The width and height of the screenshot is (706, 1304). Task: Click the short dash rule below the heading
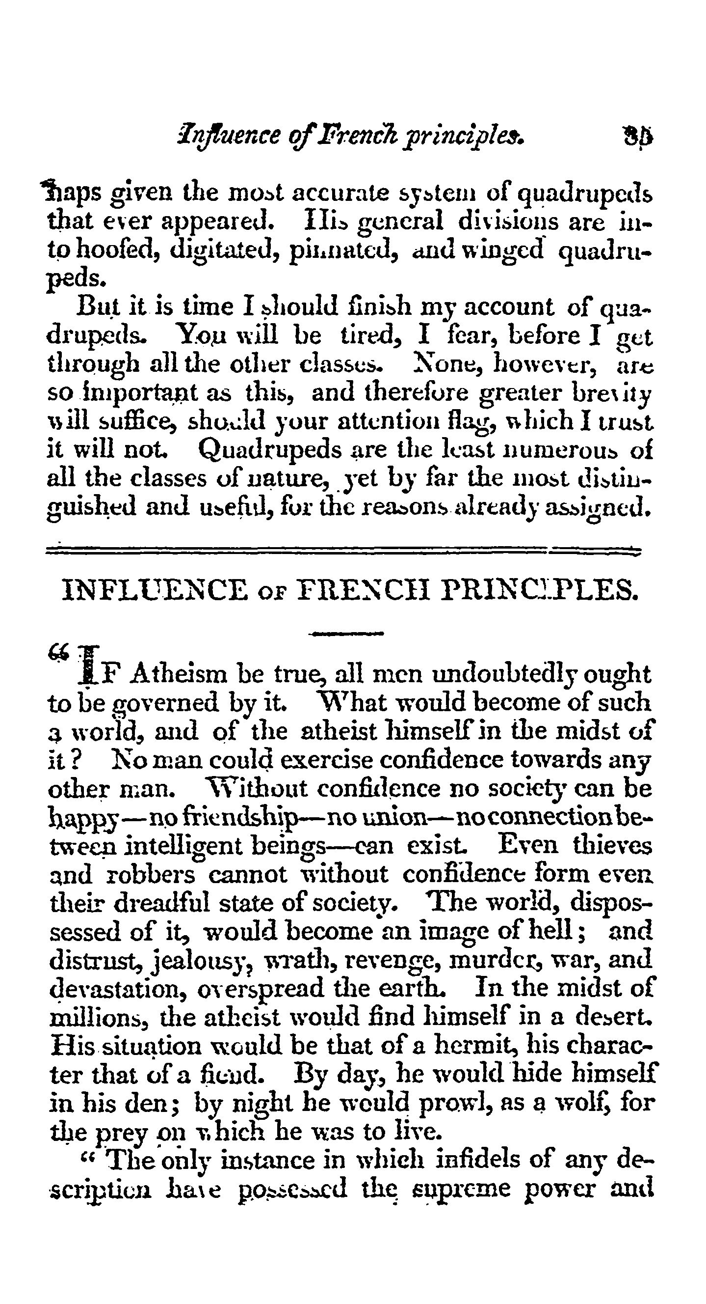point(346,633)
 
